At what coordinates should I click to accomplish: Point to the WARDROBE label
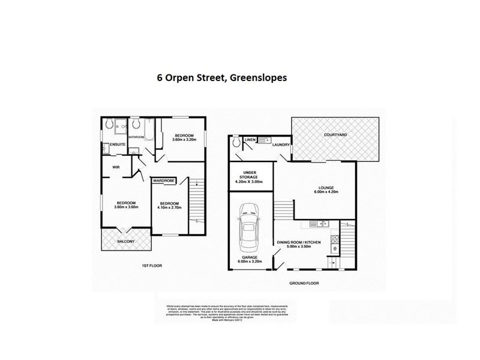coord(164,180)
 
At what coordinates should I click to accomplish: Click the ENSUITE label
coord(118,145)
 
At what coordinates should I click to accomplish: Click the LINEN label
coord(251,140)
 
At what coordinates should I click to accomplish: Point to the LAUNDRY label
coord(281,145)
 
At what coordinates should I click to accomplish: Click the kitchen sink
coord(322,224)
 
